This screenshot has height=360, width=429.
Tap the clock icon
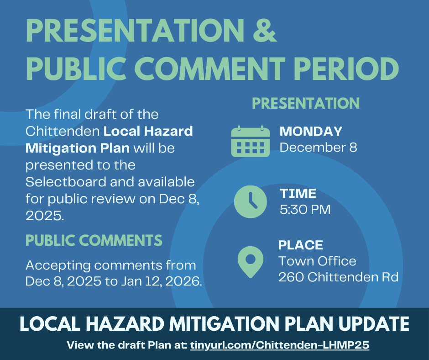point(251,201)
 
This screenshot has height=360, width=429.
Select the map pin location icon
point(251,262)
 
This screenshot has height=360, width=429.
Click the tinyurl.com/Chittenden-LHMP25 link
point(280,345)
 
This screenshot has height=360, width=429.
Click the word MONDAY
point(311,131)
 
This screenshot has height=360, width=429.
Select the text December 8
point(318,148)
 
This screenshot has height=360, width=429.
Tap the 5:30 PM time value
point(305,210)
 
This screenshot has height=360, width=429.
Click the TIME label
point(298,193)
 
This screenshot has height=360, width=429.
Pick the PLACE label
point(301,245)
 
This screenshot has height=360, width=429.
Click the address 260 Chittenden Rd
point(339,277)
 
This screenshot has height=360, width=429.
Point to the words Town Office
point(317,261)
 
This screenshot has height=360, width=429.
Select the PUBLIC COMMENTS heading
point(94,240)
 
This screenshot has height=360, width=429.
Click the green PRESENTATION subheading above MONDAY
point(306,103)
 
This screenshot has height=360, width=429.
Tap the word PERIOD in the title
point(346,69)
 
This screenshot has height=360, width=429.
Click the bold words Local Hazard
point(148,131)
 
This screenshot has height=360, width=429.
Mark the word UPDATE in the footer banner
point(374,324)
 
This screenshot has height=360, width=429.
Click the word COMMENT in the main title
point(209,69)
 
